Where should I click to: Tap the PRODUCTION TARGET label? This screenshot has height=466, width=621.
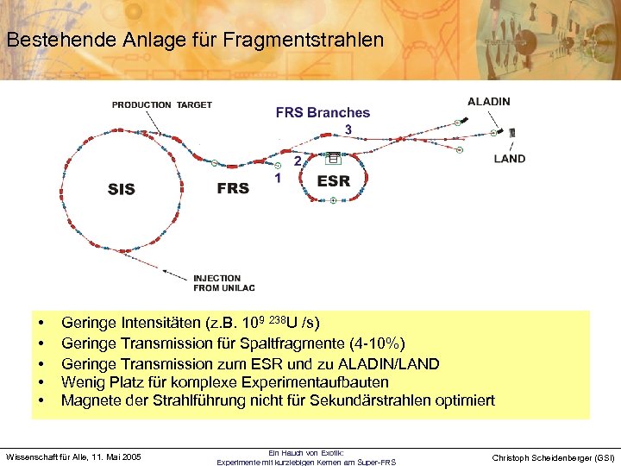pos(161,105)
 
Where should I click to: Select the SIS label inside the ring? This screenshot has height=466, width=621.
pos(122,189)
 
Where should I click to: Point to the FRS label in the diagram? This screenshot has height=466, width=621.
pos(233,188)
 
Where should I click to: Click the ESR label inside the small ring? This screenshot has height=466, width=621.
pos(333,181)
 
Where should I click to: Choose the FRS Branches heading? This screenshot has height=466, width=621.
pos(323,112)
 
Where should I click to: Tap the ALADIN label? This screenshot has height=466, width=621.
pos(488,101)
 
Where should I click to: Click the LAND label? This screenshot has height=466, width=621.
pos(510,159)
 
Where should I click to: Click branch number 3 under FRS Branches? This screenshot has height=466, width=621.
pos(348,129)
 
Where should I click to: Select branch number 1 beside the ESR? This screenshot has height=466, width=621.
pos(278,178)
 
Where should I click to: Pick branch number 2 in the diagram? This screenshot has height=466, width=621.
pos(298,161)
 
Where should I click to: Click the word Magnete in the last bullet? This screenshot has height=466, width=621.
pos(90,400)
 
